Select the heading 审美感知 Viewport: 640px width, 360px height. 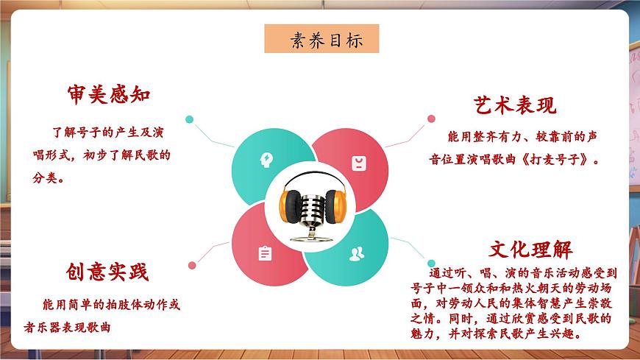coord(108,95)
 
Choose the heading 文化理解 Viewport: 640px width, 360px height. coord(530,249)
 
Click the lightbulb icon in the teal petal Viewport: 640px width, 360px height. coord(265,158)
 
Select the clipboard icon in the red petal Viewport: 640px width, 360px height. coord(265,253)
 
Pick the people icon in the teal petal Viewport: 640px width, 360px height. coord(357,255)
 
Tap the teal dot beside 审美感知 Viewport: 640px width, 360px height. coord(190,119)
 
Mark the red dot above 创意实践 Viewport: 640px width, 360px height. coord(192,265)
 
